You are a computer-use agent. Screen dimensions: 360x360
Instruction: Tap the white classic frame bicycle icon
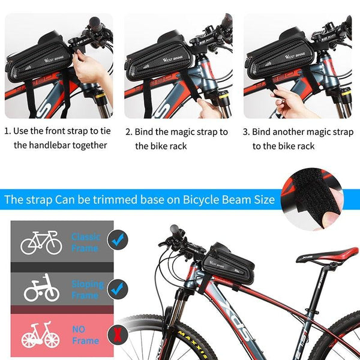[x=41, y=242]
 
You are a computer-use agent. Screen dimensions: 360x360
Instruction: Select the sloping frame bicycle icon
[x=41, y=289]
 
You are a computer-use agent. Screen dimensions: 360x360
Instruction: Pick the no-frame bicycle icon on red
[x=41, y=336]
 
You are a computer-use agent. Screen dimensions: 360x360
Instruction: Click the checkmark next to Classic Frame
[x=118, y=241]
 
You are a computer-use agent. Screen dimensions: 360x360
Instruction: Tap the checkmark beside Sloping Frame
[x=118, y=289]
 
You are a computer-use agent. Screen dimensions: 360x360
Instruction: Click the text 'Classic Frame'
[x=86, y=242]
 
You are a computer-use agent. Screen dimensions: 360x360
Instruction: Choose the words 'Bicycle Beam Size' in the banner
[x=235, y=199]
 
